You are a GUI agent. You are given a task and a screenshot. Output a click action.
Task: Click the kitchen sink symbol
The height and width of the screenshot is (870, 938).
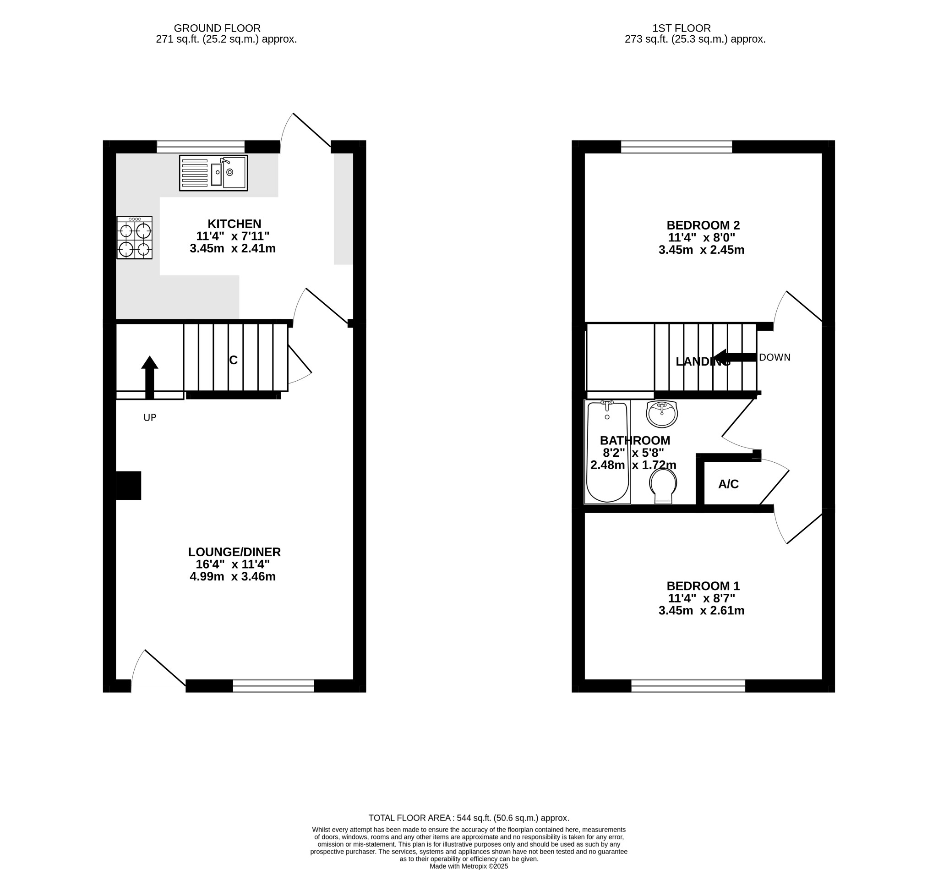[x=213, y=173]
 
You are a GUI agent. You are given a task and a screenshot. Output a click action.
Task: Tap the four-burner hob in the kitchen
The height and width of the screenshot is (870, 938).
[x=135, y=238]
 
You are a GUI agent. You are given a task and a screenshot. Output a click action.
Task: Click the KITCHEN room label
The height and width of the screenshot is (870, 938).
[x=234, y=224]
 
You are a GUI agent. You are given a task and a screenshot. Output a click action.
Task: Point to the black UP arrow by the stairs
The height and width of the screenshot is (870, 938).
[x=150, y=377]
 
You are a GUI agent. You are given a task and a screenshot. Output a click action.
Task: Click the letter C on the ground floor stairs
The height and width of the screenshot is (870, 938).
[x=234, y=360]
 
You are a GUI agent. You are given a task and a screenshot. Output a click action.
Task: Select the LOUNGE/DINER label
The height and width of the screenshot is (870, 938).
[x=234, y=552]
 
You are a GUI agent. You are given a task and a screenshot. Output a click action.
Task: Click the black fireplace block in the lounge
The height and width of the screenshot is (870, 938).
[x=129, y=485]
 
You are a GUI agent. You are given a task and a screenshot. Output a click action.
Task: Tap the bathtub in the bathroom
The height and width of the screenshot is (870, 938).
[x=607, y=451]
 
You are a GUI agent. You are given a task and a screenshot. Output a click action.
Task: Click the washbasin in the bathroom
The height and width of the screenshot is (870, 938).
[x=662, y=414]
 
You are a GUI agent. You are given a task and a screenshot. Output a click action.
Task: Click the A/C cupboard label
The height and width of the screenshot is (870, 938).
[x=728, y=484]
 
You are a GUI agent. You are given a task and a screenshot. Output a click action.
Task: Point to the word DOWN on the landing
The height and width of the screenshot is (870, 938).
[x=774, y=357]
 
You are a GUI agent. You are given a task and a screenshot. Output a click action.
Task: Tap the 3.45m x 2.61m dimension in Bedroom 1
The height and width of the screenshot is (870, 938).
[x=701, y=611]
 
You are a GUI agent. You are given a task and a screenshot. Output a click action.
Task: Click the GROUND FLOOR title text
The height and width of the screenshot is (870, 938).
[x=218, y=28]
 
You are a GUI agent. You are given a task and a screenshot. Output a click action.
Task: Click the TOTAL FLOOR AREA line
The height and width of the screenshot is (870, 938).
[x=469, y=818]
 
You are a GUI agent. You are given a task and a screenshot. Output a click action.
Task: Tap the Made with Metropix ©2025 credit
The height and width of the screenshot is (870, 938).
[x=469, y=866]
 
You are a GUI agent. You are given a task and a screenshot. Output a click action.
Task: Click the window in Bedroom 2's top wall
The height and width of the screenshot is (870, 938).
[x=676, y=147]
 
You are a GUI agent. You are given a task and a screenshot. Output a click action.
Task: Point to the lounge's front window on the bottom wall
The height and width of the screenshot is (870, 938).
[x=273, y=686]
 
